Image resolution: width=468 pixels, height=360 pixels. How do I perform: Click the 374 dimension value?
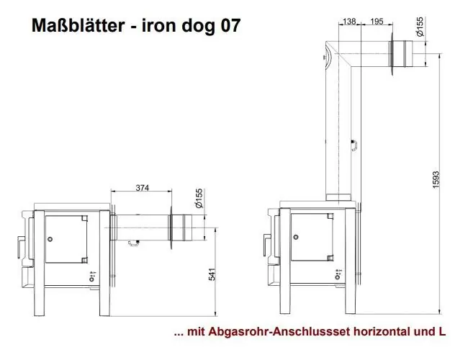click(142, 188)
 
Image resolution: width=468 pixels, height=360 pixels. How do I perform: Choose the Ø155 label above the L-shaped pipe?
click(420, 27)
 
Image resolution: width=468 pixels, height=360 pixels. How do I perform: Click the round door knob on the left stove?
click(50, 238)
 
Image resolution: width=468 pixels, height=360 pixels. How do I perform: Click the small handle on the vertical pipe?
click(354, 145)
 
